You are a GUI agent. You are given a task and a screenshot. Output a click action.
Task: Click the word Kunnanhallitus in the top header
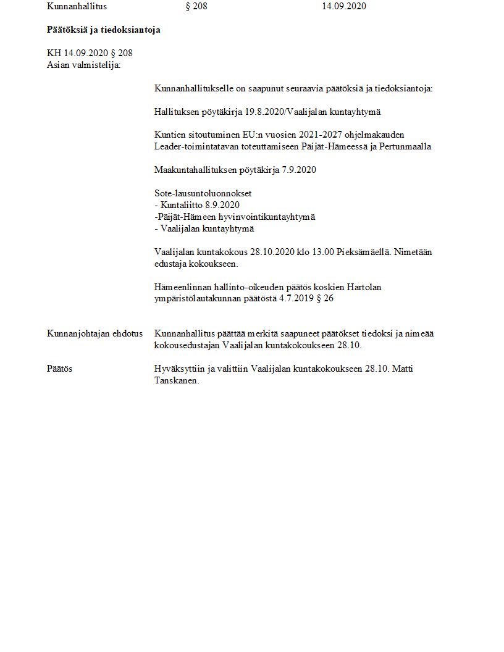click(x=77, y=6)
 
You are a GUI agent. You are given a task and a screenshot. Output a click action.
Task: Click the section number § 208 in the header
click(x=196, y=6)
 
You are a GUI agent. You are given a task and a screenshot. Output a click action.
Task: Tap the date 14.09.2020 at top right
click(x=345, y=6)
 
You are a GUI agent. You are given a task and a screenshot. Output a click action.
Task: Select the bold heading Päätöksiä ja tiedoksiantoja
click(x=103, y=30)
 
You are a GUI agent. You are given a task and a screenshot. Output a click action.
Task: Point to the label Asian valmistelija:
click(x=83, y=64)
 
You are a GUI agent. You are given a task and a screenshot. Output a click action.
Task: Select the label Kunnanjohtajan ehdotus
click(x=94, y=333)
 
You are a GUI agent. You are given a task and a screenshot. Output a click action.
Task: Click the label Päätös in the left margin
click(x=59, y=369)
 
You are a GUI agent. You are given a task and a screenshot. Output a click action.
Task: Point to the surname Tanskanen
click(x=175, y=380)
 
